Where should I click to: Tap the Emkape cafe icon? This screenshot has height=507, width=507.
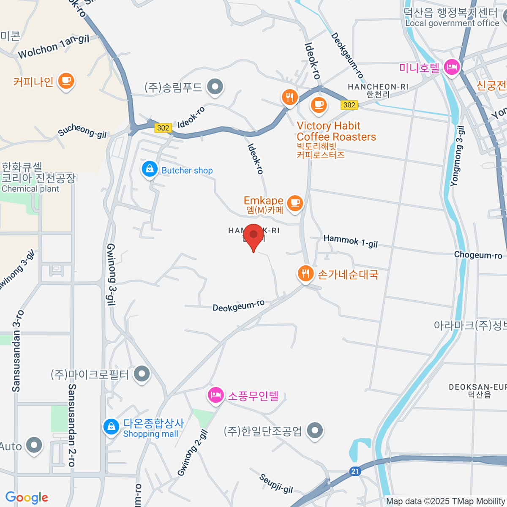point(295,203)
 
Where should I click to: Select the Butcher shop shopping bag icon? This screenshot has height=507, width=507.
point(149,169)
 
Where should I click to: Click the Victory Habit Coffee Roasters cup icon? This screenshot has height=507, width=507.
point(319,104)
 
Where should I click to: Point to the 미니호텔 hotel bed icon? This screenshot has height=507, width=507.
point(452,67)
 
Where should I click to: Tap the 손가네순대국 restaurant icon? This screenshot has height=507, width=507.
point(305,273)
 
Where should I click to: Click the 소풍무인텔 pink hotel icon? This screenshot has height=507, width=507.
point(215,395)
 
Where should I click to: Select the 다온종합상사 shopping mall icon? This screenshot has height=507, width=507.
point(111,426)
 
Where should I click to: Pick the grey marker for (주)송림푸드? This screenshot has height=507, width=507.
point(215,87)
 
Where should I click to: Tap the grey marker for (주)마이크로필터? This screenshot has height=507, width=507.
point(142,374)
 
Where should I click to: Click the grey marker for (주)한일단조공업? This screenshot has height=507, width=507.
point(314,431)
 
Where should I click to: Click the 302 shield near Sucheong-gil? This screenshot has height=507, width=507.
point(163,128)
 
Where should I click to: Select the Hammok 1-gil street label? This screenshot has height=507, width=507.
point(350,241)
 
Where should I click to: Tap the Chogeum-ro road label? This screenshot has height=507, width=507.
point(478,255)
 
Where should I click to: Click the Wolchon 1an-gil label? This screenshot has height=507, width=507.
point(54,47)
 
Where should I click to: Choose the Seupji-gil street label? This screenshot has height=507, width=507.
point(276,483)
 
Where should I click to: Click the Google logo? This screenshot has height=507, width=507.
point(27,498)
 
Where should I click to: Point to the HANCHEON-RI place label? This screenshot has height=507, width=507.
point(378,87)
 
